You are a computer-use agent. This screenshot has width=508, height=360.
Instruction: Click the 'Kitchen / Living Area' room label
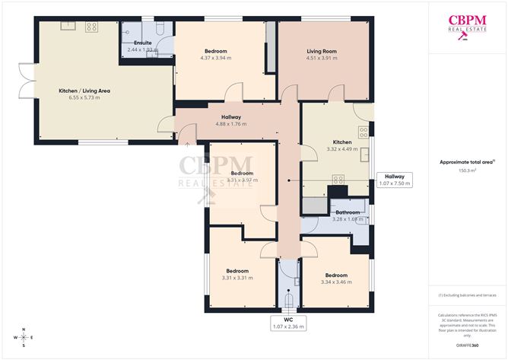85,91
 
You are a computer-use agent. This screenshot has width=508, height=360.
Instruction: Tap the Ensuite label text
142,43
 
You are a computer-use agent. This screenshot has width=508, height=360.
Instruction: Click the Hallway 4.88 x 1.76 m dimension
231,123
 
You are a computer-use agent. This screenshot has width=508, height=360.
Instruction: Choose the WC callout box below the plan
288,323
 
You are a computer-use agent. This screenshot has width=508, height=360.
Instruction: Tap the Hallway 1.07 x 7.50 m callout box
394,180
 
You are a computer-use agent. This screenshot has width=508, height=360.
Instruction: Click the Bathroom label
348,212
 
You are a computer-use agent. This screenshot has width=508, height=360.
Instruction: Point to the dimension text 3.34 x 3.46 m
336,282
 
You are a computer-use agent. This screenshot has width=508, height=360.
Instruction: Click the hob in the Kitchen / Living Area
90,27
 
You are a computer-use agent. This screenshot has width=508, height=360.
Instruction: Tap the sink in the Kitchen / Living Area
66,27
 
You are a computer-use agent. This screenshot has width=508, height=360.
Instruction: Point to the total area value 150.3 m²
467,171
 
